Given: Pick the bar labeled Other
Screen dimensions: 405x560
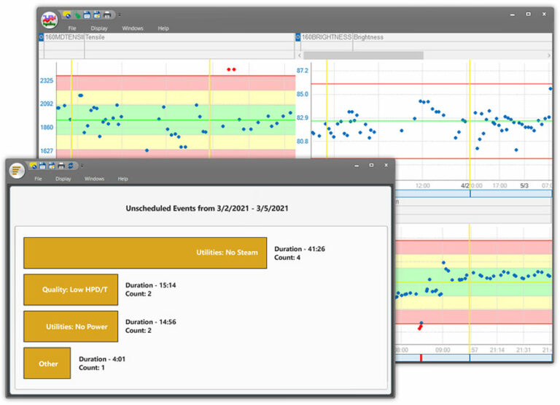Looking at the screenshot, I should (x=47, y=363).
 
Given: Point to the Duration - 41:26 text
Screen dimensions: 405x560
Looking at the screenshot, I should (x=299, y=249).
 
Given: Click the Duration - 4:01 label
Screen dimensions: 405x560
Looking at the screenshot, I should (x=102, y=359).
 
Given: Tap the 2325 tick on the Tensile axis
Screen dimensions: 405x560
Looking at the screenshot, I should (x=47, y=80).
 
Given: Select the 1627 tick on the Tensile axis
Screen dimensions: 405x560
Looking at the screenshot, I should (x=47, y=151).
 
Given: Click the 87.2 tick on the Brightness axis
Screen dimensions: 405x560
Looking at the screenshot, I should (x=302, y=71).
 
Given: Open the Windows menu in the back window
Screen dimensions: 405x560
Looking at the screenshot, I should (x=133, y=28).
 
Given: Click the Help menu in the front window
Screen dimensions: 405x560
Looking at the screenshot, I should (x=122, y=179).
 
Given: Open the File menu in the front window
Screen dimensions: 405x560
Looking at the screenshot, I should (x=38, y=179).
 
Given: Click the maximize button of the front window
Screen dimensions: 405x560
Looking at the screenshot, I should (x=371, y=165).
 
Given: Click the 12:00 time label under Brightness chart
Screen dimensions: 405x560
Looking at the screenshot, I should (x=423, y=186).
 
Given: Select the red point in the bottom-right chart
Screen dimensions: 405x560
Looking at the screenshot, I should (x=420, y=325).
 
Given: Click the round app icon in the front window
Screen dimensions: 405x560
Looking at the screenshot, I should (x=17, y=169).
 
